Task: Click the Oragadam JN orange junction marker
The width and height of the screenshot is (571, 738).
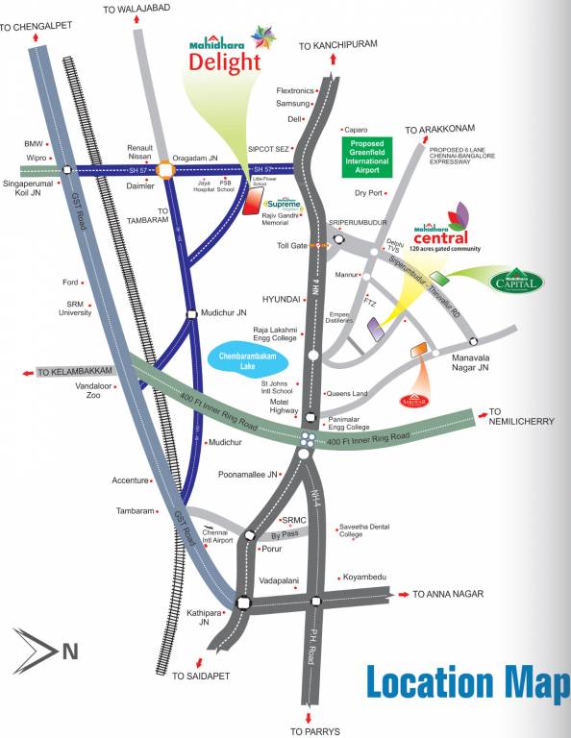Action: [165, 169]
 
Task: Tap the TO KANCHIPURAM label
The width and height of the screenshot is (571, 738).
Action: [337, 45]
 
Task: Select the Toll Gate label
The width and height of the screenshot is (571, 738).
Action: [291, 246]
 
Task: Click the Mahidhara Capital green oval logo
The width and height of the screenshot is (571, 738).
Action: [517, 281]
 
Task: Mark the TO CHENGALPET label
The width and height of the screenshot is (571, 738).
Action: [37, 28]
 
